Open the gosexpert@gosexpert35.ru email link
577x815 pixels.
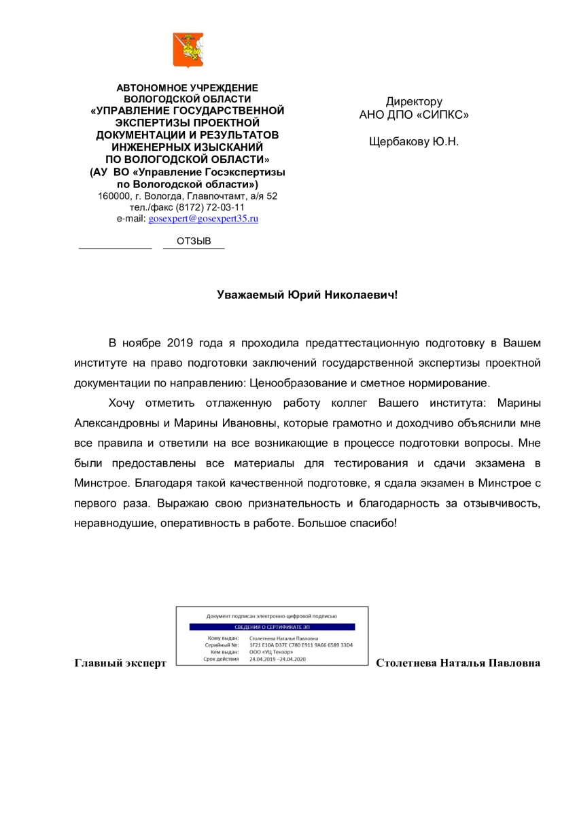point(203,219)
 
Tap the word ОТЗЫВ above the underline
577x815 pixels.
point(194,241)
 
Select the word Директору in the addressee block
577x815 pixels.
point(414,101)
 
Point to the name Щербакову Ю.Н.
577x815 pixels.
point(414,142)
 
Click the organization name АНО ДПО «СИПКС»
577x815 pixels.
point(414,115)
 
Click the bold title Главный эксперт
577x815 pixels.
point(120,662)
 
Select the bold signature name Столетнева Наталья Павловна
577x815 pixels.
point(458,662)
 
